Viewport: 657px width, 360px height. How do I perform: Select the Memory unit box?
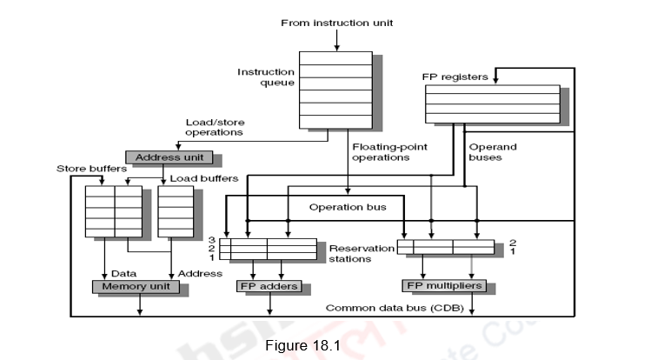click(136, 286)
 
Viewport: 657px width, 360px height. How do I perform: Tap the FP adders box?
click(269, 286)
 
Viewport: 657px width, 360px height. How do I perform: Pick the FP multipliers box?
click(443, 285)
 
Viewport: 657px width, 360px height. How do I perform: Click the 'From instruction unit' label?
click(336, 23)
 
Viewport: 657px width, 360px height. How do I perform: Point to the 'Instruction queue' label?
click(266, 77)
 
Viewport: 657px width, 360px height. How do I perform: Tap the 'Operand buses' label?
click(492, 152)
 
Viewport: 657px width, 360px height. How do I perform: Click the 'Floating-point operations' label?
click(381, 152)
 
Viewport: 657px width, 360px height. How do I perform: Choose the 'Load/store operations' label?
click(214, 127)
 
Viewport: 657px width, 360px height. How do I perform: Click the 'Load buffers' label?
click(204, 178)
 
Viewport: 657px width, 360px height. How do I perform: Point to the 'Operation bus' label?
click(348, 207)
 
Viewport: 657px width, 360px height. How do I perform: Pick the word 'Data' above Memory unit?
click(123, 273)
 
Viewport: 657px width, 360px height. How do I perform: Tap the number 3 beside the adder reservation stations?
click(211, 239)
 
